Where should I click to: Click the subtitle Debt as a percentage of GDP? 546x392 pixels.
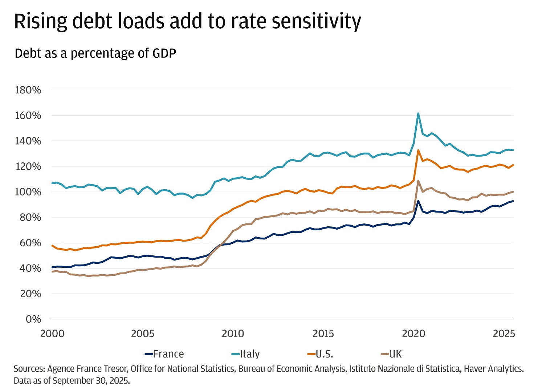coord(95,53)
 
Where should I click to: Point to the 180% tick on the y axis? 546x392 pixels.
coord(28,90)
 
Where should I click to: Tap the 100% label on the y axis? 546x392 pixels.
coord(28,192)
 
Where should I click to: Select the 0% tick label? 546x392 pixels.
coord(33,319)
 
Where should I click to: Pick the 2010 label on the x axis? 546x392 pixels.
coord(233,334)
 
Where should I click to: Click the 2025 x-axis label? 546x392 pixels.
coord(504,334)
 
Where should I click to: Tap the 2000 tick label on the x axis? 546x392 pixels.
coord(52,334)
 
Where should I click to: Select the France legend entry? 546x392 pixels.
coord(164,354)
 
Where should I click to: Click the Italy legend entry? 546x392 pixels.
coord(245,354)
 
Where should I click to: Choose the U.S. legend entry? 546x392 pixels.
coord(320,354)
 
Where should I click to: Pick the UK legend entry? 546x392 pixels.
coord(391,354)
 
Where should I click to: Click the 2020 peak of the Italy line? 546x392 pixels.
coord(418,113)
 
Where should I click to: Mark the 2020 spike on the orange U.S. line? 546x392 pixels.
coord(418,150)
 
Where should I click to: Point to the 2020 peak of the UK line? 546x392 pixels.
coord(418,181)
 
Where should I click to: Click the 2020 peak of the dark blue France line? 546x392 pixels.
coord(418,201)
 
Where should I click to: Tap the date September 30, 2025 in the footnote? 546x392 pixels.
coord(91,381)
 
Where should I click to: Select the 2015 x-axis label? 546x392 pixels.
coord(323,334)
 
